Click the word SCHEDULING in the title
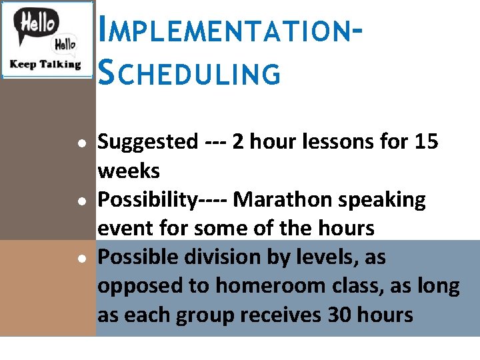pos(189,73)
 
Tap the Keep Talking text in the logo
pos(45,65)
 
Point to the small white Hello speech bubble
pos(65,45)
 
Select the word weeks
pos(129,171)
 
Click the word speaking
pos(385,201)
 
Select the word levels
pos(348,257)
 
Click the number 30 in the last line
pos(341,315)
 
